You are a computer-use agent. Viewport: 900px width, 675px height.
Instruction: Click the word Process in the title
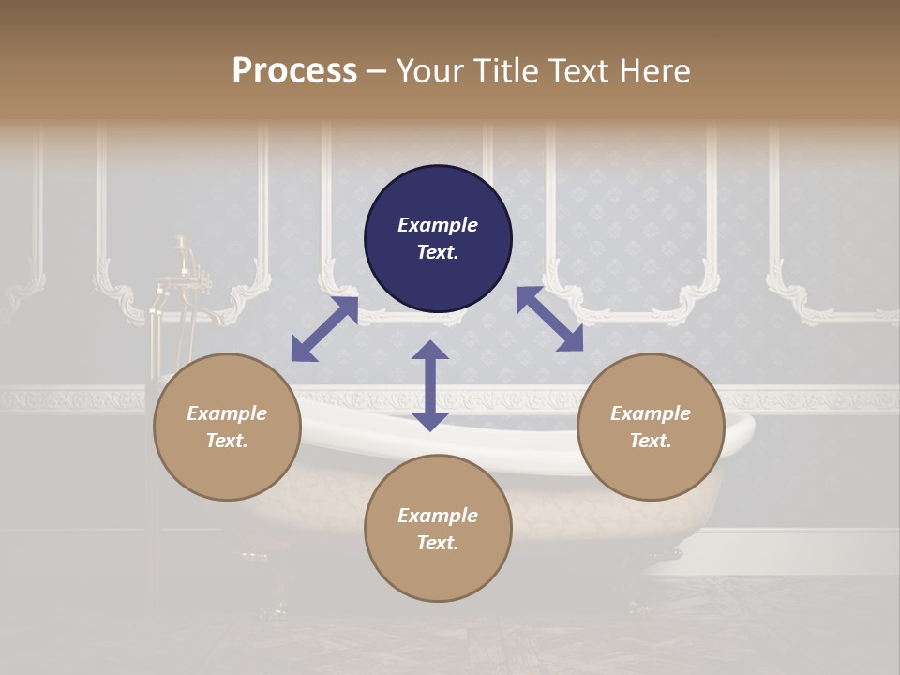(x=294, y=71)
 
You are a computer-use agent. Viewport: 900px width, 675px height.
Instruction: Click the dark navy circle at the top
(x=438, y=239)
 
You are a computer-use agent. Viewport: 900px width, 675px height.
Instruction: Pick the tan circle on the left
(x=227, y=427)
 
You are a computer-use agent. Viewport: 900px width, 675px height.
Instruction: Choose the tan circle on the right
(x=651, y=427)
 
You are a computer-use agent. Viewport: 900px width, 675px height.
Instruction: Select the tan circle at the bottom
(x=438, y=529)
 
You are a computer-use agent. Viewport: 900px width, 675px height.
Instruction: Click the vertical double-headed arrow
(x=430, y=385)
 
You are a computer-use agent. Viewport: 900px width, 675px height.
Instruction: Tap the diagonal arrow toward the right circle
(x=549, y=319)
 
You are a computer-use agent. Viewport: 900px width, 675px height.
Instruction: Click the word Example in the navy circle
(x=438, y=225)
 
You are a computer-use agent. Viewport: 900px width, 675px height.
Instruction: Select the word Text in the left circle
(x=227, y=441)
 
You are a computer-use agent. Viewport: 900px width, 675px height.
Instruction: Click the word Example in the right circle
(x=651, y=413)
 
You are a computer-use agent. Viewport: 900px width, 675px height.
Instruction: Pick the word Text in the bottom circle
(x=438, y=543)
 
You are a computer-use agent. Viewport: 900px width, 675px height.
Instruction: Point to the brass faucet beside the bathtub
(x=180, y=272)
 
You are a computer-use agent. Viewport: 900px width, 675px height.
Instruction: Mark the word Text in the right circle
(x=651, y=441)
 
